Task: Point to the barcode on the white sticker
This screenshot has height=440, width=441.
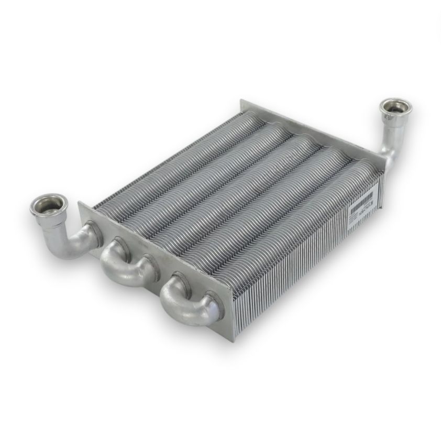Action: click(x=361, y=200)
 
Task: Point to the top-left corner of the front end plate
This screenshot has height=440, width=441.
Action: click(x=80, y=203)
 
